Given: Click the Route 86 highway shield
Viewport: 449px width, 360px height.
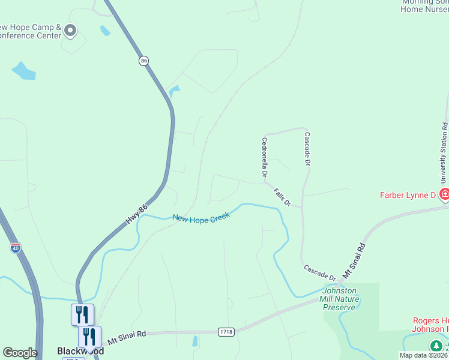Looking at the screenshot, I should click(x=143, y=61).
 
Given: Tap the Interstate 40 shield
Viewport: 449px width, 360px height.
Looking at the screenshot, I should click(x=15, y=247).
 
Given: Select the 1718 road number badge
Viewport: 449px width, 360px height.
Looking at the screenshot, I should click(x=226, y=331).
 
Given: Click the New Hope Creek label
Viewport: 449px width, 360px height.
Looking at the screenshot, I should click(x=202, y=219).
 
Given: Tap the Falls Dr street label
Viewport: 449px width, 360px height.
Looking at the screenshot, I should click(x=282, y=197).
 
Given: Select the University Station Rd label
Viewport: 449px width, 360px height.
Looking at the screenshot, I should click(x=444, y=153).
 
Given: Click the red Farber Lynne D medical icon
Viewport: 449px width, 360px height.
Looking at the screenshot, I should click(x=444, y=194).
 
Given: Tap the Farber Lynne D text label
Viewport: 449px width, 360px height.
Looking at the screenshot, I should click(x=408, y=195).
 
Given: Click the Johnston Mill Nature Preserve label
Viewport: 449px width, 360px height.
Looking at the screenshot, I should click(x=340, y=299).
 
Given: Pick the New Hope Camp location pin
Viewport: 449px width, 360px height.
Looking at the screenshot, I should click(x=70, y=30).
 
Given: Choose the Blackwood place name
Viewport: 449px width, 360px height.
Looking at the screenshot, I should click(x=80, y=351).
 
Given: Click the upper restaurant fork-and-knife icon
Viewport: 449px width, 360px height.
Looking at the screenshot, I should click(x=82, y=314).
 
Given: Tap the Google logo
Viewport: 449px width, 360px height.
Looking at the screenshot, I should click(x=20, y=353).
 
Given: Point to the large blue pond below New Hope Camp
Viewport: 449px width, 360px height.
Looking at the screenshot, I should click(x=23, y=71).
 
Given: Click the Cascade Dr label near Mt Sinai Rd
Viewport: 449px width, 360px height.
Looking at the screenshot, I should click(x=319, y=272).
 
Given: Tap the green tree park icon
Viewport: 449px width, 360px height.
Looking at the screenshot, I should click(x=436, y=346).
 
